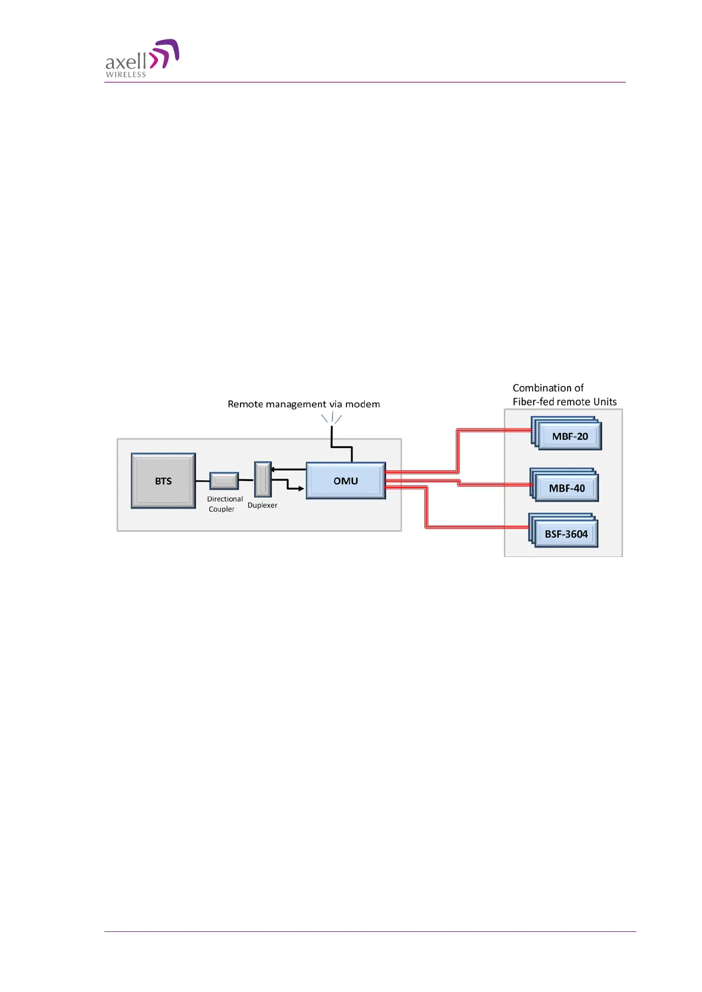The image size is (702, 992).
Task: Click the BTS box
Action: (163, 481)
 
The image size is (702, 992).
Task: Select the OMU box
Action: (345, 481)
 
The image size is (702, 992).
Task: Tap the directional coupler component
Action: (224, 481)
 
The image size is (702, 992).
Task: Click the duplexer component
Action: (263, 479)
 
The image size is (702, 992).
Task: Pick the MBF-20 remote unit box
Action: (569, 437)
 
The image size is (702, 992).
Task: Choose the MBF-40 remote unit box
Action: (566, 488)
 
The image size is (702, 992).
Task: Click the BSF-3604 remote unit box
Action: (566, 534)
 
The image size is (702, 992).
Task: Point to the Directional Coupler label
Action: (224, 504)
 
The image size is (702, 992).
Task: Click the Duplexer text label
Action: (262, 505)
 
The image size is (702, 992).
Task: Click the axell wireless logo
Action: (142, 58)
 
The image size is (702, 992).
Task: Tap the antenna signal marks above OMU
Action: (332, 418)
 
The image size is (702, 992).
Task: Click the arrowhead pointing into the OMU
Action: (301, 489)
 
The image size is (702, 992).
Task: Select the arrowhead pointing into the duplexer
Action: (273, 470)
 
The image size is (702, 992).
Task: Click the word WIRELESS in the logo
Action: (126, 75)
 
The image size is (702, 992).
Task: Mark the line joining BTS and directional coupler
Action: (202, 481)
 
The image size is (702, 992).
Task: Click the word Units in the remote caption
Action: (605, 402)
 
